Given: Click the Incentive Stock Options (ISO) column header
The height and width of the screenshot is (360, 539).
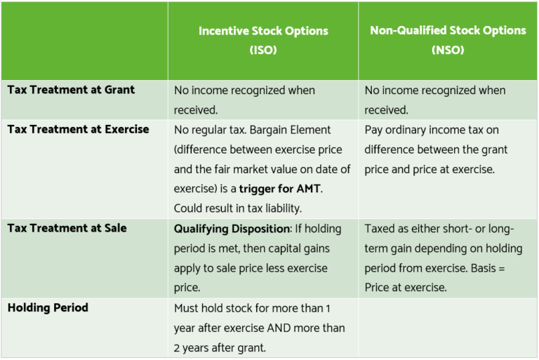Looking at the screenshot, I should pos(262,40).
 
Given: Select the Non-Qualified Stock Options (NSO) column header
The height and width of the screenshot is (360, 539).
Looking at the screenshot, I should pos(448,40).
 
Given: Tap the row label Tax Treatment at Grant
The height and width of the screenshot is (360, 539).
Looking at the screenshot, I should pos(71,90).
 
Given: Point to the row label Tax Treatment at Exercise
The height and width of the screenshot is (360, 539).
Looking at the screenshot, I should pos(78,129).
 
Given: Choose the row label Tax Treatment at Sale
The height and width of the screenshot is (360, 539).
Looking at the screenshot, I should pos(67,227).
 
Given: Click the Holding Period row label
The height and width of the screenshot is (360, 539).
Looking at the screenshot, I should pos(48,307).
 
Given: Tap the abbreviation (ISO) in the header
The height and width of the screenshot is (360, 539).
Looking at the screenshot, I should pos(262,51).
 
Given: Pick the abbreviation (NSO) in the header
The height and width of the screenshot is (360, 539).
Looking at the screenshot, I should pos(448,51).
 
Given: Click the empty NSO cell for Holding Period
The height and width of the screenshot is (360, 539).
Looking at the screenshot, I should pos(448,327).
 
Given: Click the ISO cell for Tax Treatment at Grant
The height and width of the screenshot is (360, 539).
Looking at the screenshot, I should pos(262,100).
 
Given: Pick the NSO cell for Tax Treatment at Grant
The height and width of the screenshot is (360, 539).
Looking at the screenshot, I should pos(448,100).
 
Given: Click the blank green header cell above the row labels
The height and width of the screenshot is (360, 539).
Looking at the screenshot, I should pos(84,40).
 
